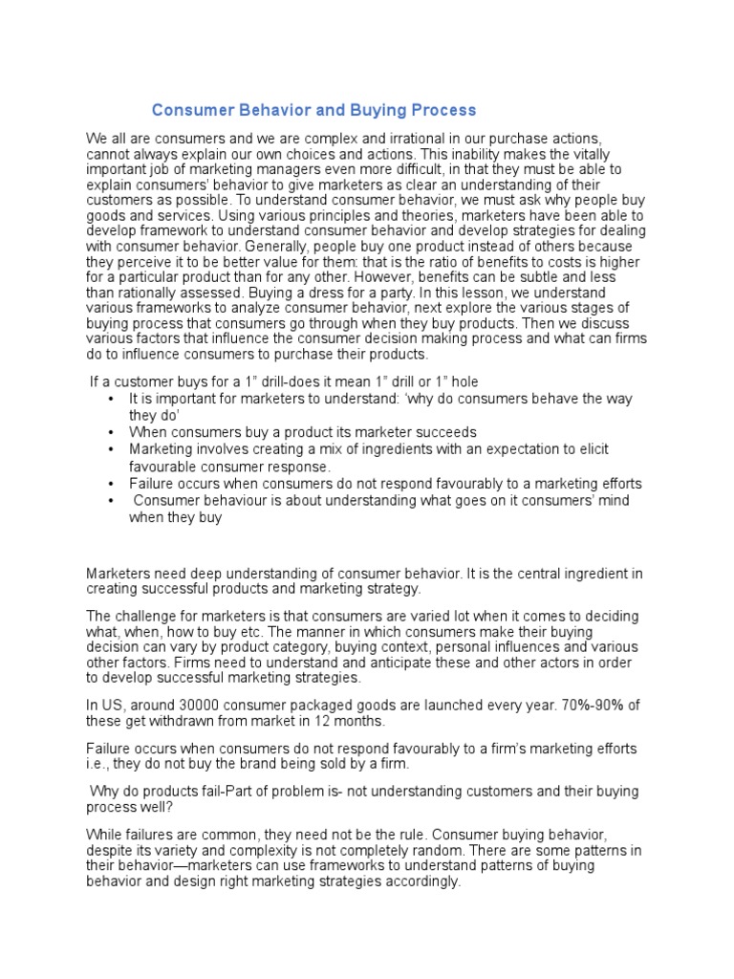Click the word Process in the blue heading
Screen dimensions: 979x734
442,111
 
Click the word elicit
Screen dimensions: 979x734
592,448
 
